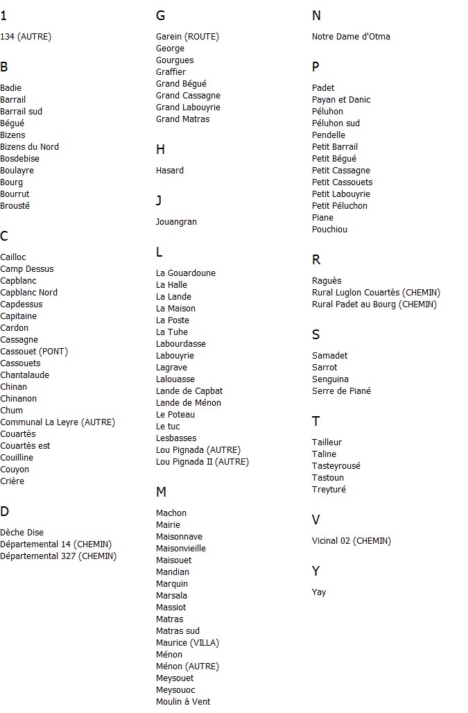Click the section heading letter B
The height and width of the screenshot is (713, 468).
[x=4, y=67]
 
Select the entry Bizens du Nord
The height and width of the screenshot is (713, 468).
[x=29, y=147]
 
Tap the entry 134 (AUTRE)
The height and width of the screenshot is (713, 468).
[x=26, y=37]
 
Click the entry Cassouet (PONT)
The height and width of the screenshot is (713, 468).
[x=34, y=352]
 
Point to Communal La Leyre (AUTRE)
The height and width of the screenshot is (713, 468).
[x=58, y=422]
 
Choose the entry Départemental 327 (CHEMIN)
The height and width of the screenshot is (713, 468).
[x=58, y=556]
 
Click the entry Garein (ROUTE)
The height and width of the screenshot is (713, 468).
[x=187, y=37]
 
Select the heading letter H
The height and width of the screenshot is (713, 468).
[x=160, y=150]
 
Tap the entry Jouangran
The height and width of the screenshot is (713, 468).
[x=176, y=222]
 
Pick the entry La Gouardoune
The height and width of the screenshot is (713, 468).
[x=186, y=273]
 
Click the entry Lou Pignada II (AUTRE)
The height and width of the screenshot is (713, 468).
[x=202, y=462]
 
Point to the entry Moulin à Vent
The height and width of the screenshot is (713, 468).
[x=183, y=702]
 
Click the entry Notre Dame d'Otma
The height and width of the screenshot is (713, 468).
[x=351, y=37]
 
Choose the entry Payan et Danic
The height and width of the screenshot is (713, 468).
[x=341, y=100]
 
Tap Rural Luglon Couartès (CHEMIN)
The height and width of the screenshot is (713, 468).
[x=376, y=293]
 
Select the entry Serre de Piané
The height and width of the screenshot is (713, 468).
[x=341, y=391]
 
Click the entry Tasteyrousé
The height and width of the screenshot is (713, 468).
[x=336, y=466]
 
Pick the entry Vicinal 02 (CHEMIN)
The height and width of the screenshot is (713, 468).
[x=352, y=541]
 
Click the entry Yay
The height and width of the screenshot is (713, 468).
[x=319, y=592]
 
